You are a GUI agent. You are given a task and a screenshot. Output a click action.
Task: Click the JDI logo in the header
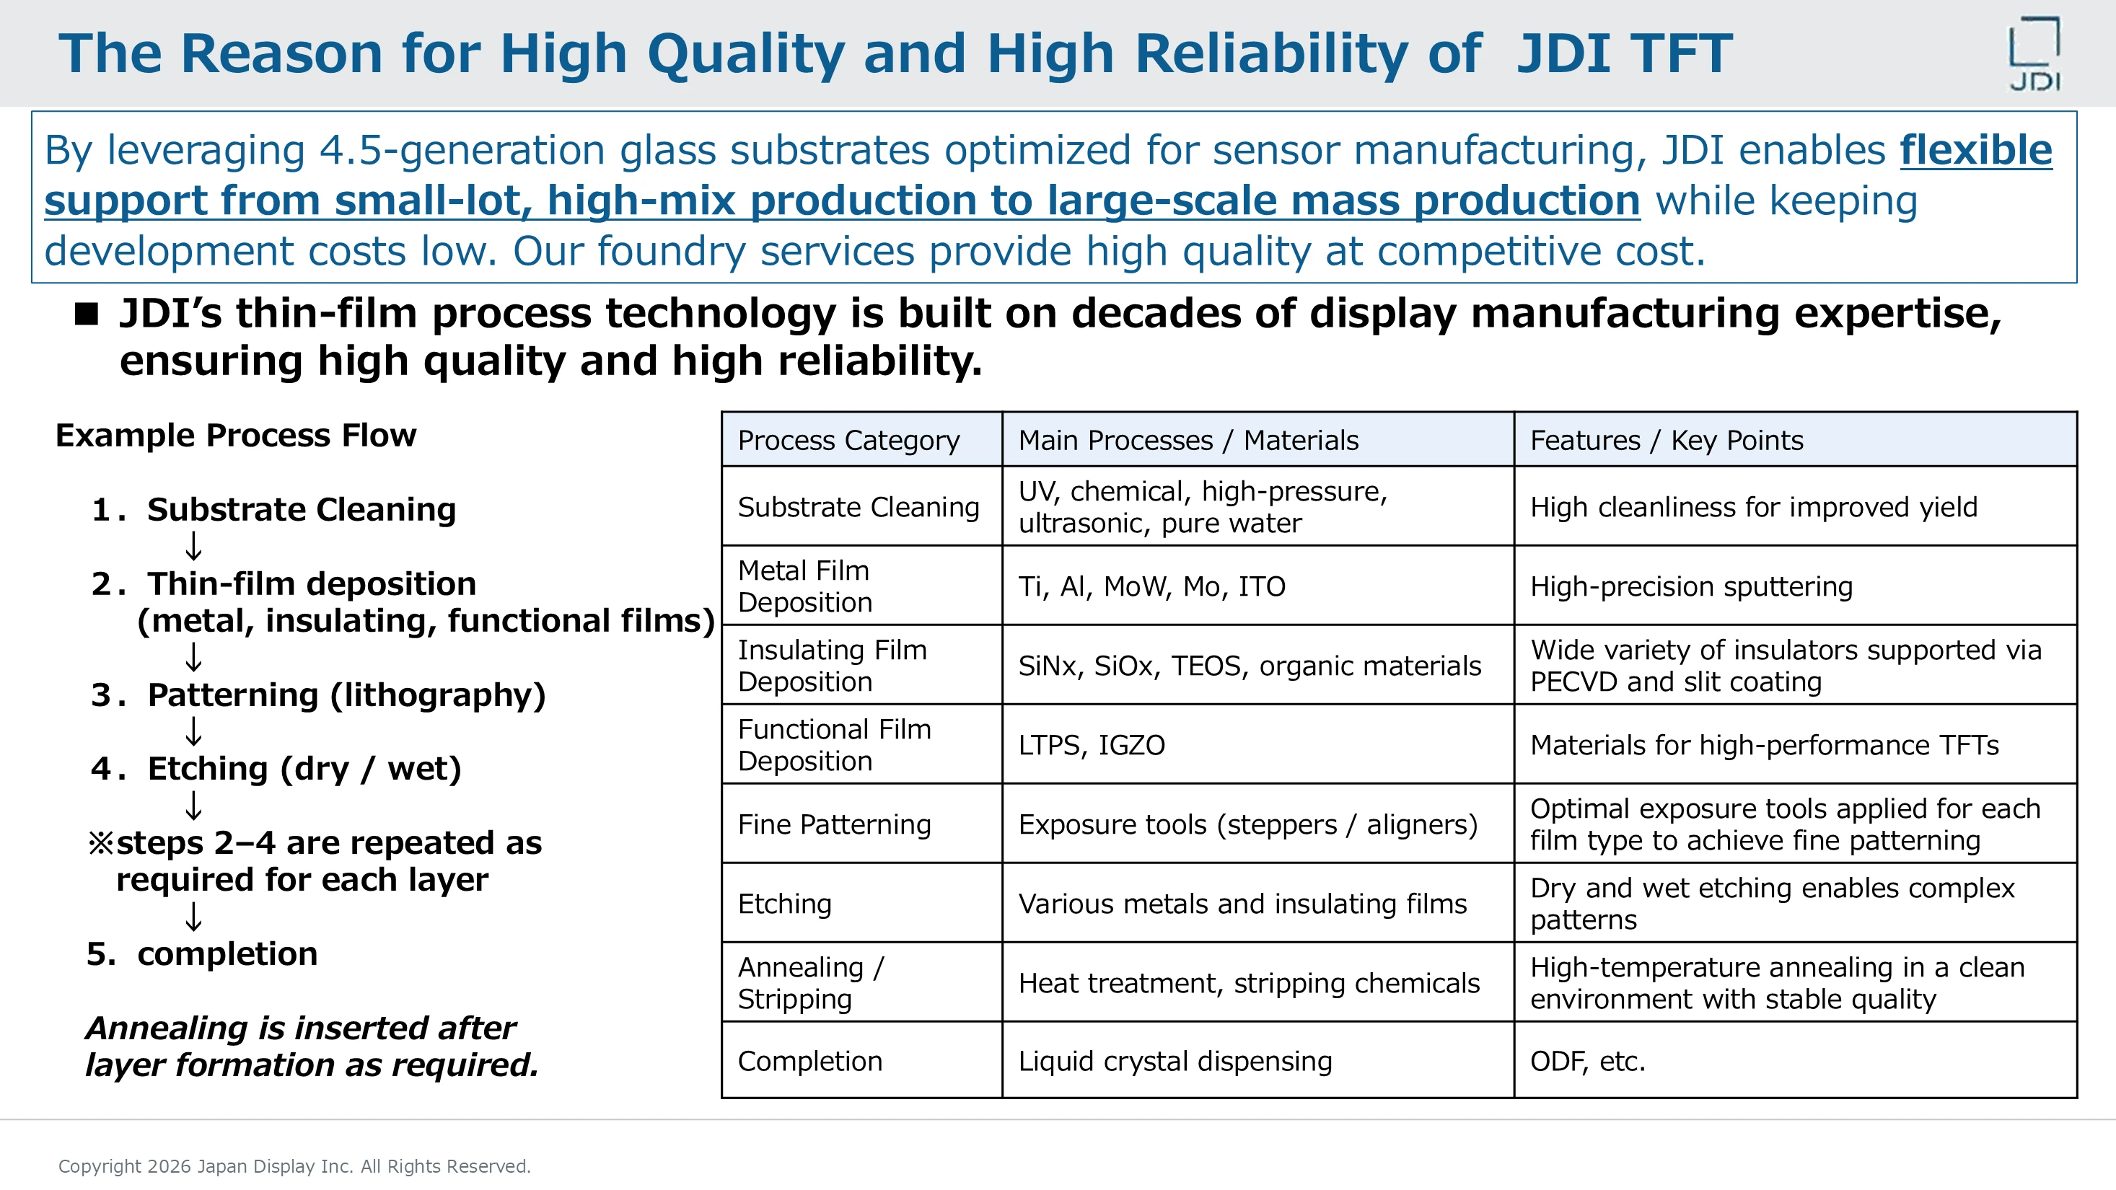click(x=2034, y=54)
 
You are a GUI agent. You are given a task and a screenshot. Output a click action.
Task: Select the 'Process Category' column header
click(x=848, y=440)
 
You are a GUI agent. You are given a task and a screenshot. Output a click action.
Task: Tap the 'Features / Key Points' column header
click(x=1666, y=440)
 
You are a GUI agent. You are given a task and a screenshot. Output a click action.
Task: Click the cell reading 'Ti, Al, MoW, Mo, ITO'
click(x=1151, y=586)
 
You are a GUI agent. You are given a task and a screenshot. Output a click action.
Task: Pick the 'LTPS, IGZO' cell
click(x=1091, y=745)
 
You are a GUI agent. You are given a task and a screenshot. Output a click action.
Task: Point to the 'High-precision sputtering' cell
click(x=1690, y=586)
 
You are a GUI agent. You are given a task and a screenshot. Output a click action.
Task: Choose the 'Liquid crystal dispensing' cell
click(x=1175, y=1061)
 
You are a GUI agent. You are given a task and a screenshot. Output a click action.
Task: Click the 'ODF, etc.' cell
click(x=1587, y=1061)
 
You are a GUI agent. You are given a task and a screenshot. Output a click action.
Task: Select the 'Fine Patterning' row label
click(x=834, y=824)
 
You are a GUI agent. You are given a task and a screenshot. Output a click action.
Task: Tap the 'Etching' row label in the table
click(x=784, y=904)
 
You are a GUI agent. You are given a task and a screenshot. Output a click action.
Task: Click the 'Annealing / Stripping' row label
click(x=810, y=982)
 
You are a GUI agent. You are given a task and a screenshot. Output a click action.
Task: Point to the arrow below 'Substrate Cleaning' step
click(x=194, y=546)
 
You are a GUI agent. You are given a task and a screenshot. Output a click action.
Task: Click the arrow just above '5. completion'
click(x=194, y=917)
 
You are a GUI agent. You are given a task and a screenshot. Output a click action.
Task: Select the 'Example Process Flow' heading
click(x=236, y=436)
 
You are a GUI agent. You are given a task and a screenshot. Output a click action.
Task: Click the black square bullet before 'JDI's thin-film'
click(x=87, y=314)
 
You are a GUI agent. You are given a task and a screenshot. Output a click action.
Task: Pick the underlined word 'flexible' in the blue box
click(x=1975, y=150)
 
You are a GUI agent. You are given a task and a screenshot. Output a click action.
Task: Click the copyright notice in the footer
click(x=294, y=1166)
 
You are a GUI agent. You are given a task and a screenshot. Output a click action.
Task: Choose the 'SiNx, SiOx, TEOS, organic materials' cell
click(x=1250, y=665)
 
